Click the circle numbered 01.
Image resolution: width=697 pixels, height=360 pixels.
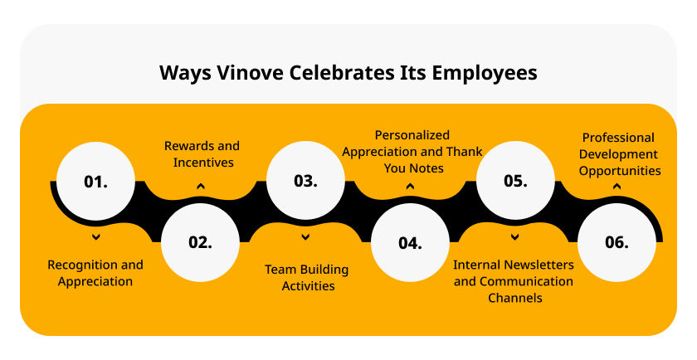95,181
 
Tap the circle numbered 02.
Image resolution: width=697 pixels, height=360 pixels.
201,242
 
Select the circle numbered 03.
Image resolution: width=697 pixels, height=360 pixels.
305,181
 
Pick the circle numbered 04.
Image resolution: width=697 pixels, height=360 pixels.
410,242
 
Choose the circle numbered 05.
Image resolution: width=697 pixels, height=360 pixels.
515,181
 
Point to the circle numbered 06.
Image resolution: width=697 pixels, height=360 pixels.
617,242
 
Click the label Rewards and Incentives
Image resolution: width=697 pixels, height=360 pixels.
202,154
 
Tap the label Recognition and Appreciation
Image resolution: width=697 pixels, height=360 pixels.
95,274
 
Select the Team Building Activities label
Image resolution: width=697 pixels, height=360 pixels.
307,278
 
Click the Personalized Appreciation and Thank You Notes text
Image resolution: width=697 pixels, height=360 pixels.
412,152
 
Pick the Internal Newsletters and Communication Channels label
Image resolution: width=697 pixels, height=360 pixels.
514,281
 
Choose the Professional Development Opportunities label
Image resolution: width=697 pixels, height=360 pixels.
619,154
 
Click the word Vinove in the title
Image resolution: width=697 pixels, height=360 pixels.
250,73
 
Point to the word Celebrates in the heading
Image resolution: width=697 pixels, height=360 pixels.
342,73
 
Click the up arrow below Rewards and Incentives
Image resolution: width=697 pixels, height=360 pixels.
201,187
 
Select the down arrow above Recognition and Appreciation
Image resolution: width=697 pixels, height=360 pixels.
95,237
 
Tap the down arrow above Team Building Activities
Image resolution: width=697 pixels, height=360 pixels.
305,237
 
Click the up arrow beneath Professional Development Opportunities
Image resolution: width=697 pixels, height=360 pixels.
617,187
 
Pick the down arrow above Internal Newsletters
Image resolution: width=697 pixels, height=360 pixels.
514,237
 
